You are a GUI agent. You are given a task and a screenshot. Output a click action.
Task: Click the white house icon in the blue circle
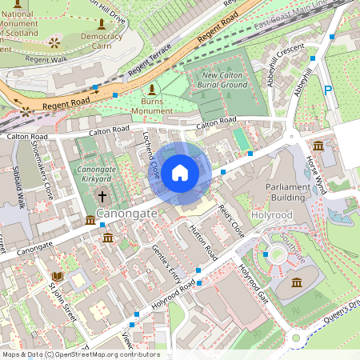pos(180,172)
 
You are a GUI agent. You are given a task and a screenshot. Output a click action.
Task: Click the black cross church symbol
pos(102,196)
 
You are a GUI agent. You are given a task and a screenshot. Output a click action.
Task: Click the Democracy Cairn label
pos(102,42)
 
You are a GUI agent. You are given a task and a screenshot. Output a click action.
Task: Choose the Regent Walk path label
pos(46,59)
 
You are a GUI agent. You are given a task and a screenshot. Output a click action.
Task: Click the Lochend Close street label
pos(150,154)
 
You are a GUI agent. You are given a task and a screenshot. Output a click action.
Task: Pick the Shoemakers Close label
pos(41,167)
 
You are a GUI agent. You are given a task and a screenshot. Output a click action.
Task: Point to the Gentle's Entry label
pos(166,263)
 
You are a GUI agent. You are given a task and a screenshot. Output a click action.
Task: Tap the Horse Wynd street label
pos(317,173)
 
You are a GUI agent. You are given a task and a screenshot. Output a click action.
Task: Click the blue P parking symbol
pos(326,92)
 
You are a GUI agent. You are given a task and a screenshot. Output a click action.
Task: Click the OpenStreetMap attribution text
pos(80,354)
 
